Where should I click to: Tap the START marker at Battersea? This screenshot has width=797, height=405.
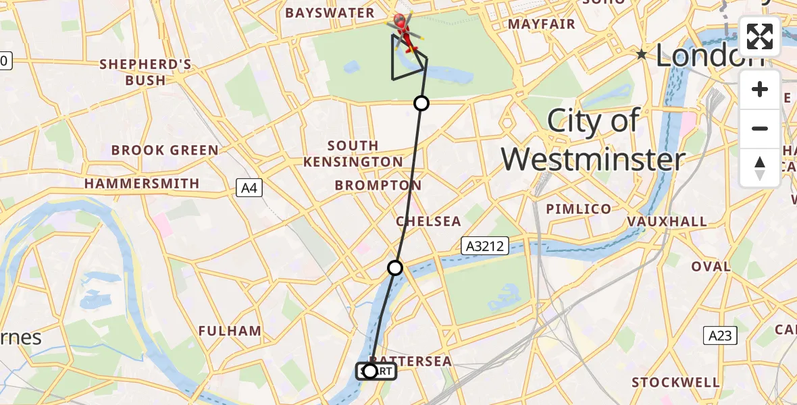tap(376, 371)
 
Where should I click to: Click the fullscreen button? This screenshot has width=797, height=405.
tap(760, 36)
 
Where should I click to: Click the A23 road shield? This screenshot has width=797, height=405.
tap(720, 335)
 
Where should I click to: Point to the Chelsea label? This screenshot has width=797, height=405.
tap(428, 221)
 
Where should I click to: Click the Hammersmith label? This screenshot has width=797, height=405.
tap(142, 184)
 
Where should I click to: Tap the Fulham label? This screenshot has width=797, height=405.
tap(230, 331)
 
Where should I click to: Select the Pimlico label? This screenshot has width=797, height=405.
tap(578, 209)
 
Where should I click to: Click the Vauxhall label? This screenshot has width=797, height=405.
tap(667, 221)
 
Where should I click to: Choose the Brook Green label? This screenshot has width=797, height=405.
tap(165, 150)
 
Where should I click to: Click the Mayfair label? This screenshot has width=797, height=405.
tap(542, 24)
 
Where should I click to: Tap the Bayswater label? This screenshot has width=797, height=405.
tap(330, 13)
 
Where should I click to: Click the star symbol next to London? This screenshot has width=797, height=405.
tap(641, 53)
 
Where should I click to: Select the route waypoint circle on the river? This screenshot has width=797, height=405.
tap(395, 268)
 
